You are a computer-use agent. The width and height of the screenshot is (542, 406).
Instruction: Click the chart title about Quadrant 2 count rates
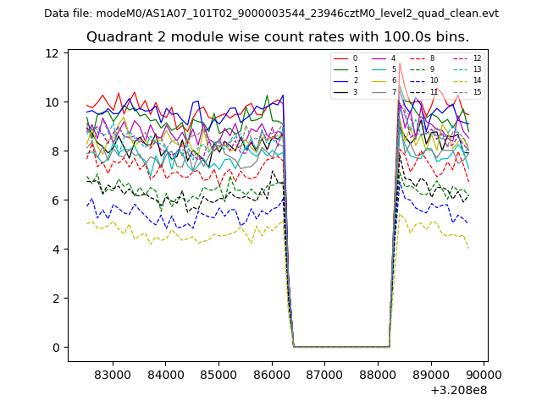pos(277,37)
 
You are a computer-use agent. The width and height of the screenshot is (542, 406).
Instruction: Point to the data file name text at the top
pos(271,14)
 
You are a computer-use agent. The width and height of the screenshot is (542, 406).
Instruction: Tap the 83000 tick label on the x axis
pos(112,374)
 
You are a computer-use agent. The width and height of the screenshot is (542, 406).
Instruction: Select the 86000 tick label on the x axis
pos(272,374)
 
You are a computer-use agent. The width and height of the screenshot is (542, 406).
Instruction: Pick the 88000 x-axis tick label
pos(378,374)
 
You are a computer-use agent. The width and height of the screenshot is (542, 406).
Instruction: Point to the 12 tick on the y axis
pos(52,53)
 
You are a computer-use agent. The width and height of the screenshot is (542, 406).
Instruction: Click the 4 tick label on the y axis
pos(55,250)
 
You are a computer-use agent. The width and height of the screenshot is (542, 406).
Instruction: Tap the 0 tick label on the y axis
pos(55,348)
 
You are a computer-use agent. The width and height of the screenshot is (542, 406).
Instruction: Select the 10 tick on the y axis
pos(52,102)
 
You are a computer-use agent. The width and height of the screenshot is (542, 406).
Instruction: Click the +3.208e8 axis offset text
pos(459,390)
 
